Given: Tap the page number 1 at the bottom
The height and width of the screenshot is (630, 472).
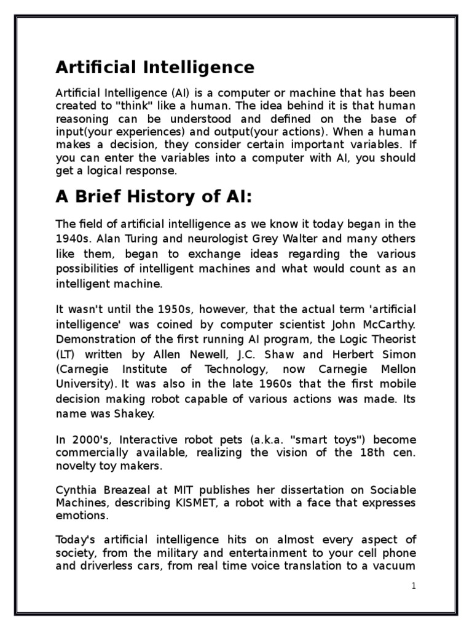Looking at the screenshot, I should click(x=414, y=586).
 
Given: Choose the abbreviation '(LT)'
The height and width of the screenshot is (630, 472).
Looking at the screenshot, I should click(x=66, y=354).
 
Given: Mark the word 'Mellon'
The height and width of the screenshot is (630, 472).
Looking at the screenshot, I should click(x=396, y=369).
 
